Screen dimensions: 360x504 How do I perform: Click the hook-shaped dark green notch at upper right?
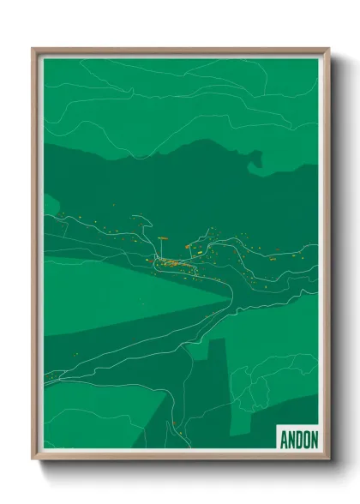coord(255,158)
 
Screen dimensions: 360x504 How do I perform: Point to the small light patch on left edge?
coord(50,204)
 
